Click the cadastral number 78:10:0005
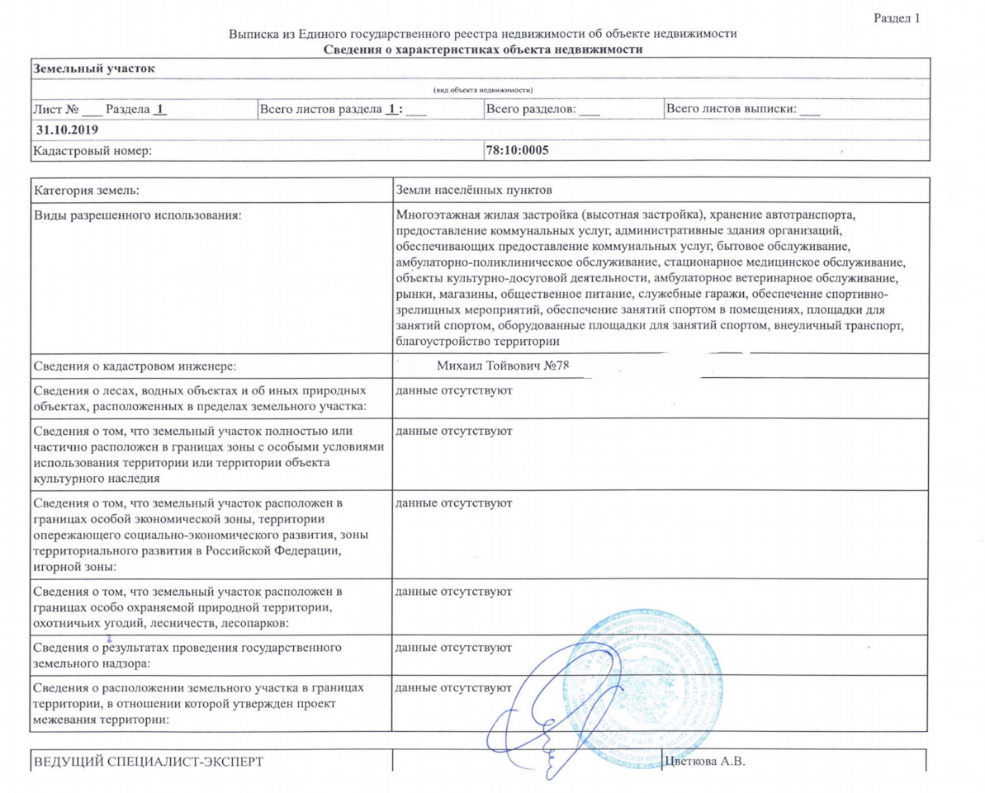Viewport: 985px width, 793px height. coord(518,150)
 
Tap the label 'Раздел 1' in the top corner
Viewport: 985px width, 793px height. coord(896,17)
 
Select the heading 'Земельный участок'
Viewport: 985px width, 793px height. coord(93,68)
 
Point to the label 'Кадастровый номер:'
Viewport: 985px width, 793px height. coord(92,150)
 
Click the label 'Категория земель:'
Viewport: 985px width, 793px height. coord(86,191)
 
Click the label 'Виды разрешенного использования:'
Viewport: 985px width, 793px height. coord(138,215)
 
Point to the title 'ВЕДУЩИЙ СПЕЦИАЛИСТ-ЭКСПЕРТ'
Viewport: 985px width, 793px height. coord(149,761)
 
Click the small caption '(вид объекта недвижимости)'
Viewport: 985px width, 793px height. coord(483,89)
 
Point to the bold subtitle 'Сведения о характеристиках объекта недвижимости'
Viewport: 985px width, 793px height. coord(482,50)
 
